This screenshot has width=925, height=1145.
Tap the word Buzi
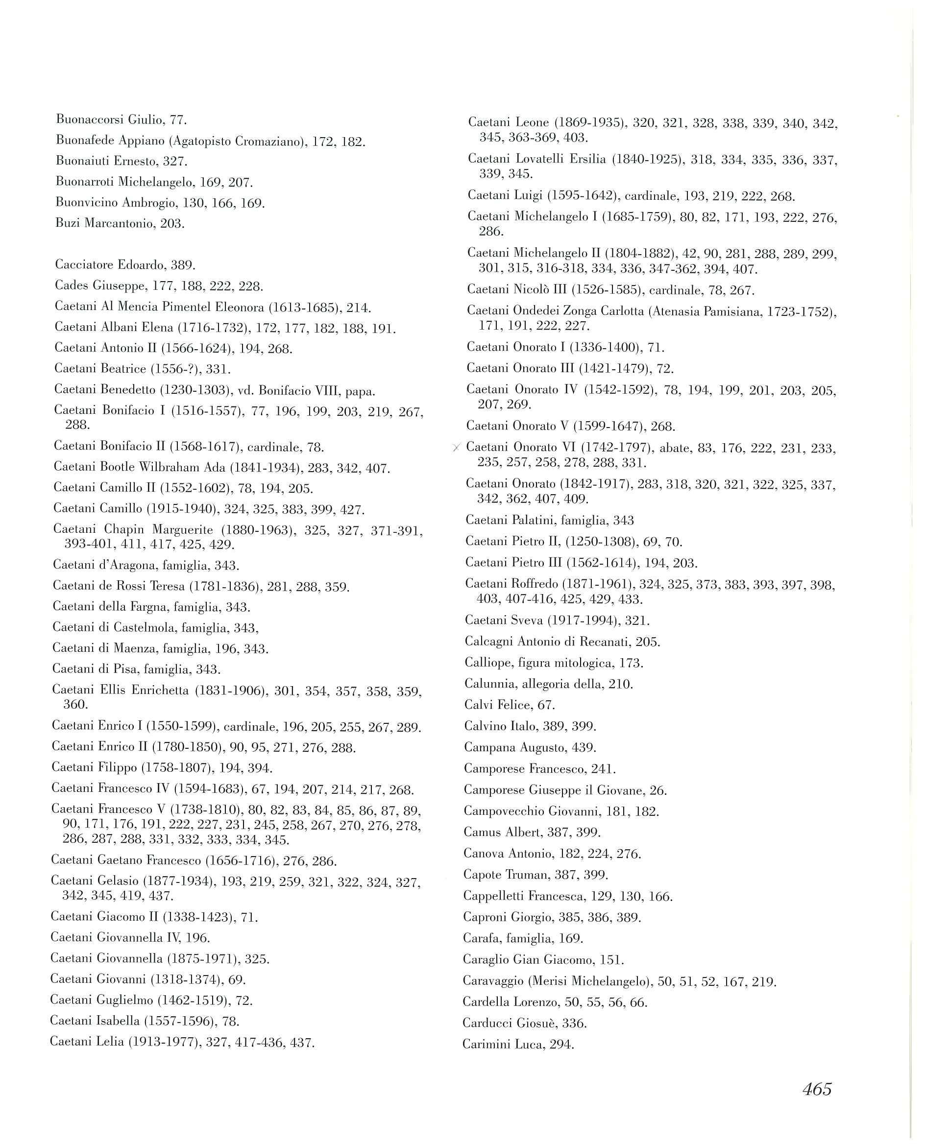66,223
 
